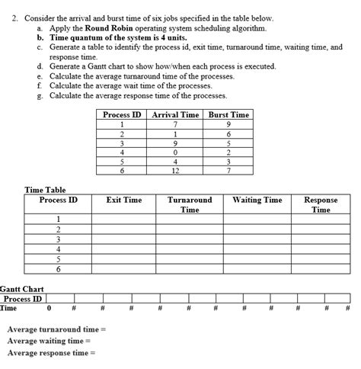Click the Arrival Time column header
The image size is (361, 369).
tap(176, 114)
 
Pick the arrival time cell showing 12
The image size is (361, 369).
tap(176, 170)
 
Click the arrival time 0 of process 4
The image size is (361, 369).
tap(176, 152)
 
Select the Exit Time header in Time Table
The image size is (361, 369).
tap(123, 201)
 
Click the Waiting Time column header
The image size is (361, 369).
tap(257, 201)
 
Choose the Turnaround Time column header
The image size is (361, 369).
tap(190, 204)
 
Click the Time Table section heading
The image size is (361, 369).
tap(46, 190)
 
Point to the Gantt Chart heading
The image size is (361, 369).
tap(21, 290)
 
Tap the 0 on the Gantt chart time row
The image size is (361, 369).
tap(50, 308)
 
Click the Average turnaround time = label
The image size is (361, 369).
tap(56, 329)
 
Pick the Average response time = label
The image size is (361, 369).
tap(52, 353)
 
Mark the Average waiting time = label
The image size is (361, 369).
tap(49, 341)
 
